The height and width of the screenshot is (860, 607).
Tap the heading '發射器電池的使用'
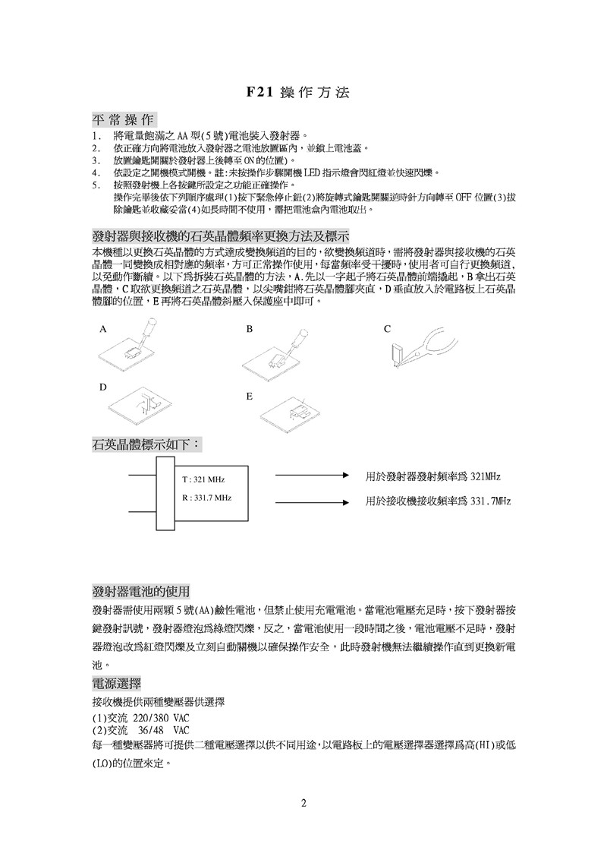[140, 591]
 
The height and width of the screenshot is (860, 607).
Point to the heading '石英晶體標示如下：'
[146, 443]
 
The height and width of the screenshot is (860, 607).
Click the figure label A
[102, 330]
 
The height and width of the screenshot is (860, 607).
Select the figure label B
[249, 330]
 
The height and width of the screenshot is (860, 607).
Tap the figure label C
[387, 330]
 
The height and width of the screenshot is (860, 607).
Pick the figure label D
[102, 387]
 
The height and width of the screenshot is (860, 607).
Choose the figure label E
[249, 397]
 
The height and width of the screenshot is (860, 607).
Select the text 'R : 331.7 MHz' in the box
[206, 498]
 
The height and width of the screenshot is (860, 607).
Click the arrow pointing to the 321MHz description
[311, 476]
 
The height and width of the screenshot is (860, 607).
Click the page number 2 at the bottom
[303, 803]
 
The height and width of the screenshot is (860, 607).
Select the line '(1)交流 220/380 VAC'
[140, 718]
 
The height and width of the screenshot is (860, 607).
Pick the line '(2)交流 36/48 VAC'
[140, 730]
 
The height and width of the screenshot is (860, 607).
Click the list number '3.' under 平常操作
[95, 161]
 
